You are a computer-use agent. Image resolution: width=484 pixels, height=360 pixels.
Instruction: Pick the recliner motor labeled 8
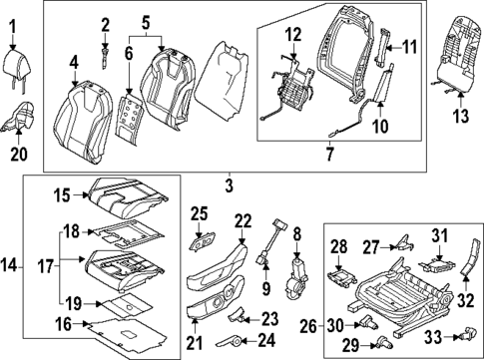coord(296,273)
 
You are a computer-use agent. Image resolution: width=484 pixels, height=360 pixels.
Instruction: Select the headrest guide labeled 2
coord(107,55)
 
